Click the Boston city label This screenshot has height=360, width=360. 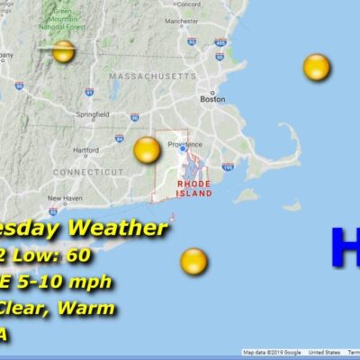point(212,99)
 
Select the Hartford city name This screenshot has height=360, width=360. point(85,149)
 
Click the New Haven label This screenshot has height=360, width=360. point(65,198)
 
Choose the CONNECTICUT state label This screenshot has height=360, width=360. point(86,171)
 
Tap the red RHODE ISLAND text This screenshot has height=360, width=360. point(194,189)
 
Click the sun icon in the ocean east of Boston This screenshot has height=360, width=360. point(316,67)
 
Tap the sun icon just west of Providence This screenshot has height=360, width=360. point(147,150)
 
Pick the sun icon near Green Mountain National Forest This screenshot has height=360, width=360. point(63,51)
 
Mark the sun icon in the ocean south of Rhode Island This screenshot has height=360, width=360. point(193,262)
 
